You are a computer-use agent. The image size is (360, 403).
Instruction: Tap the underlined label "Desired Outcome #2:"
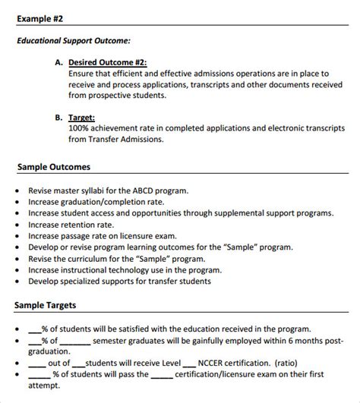[107, 62]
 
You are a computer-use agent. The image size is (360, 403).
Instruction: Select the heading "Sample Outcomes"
[52, 166]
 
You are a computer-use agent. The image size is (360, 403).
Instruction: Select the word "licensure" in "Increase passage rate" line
[160, 236]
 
